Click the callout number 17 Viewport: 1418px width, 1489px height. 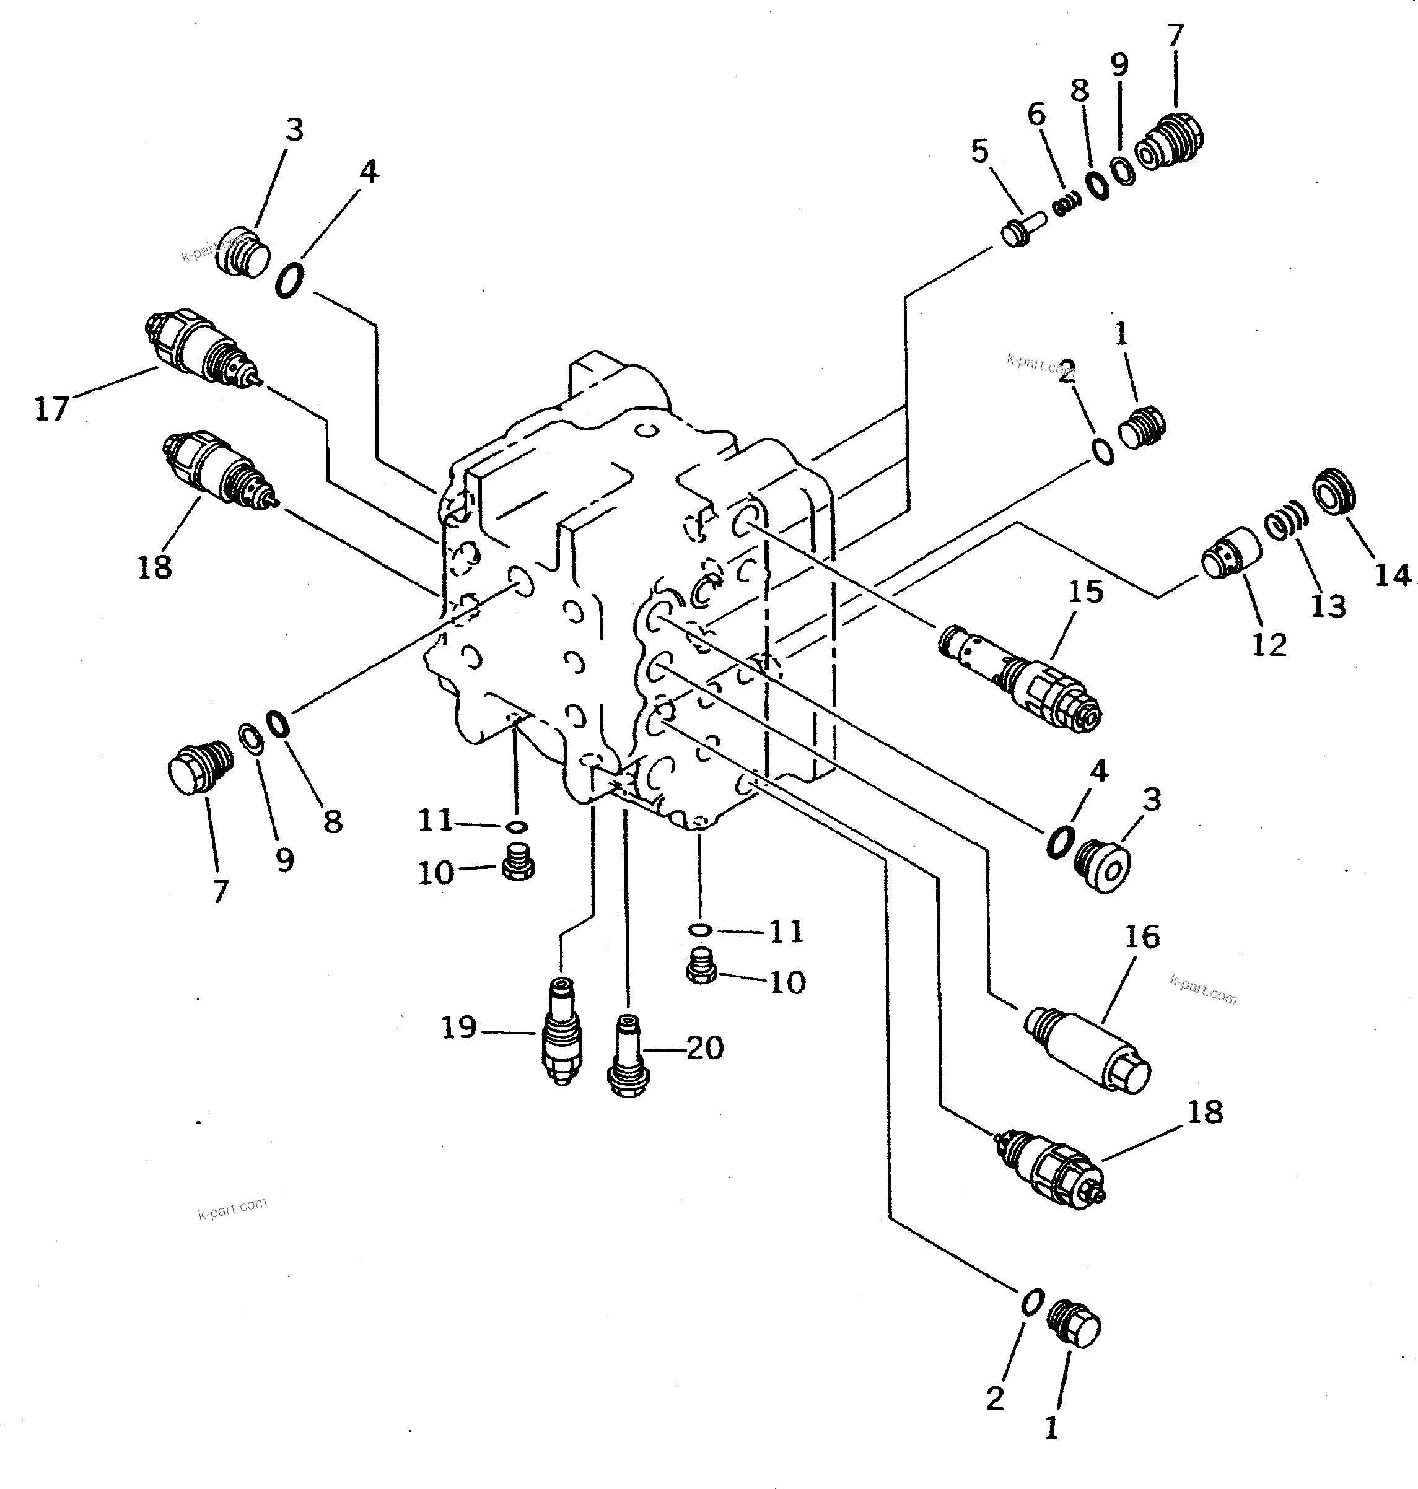51,409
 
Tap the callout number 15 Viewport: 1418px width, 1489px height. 1085,592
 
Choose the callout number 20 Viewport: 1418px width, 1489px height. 704,1047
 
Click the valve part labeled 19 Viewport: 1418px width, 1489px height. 562,1033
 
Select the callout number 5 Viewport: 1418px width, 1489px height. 979,151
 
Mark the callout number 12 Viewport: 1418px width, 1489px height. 1268,645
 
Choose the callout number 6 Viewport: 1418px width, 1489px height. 1036,115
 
